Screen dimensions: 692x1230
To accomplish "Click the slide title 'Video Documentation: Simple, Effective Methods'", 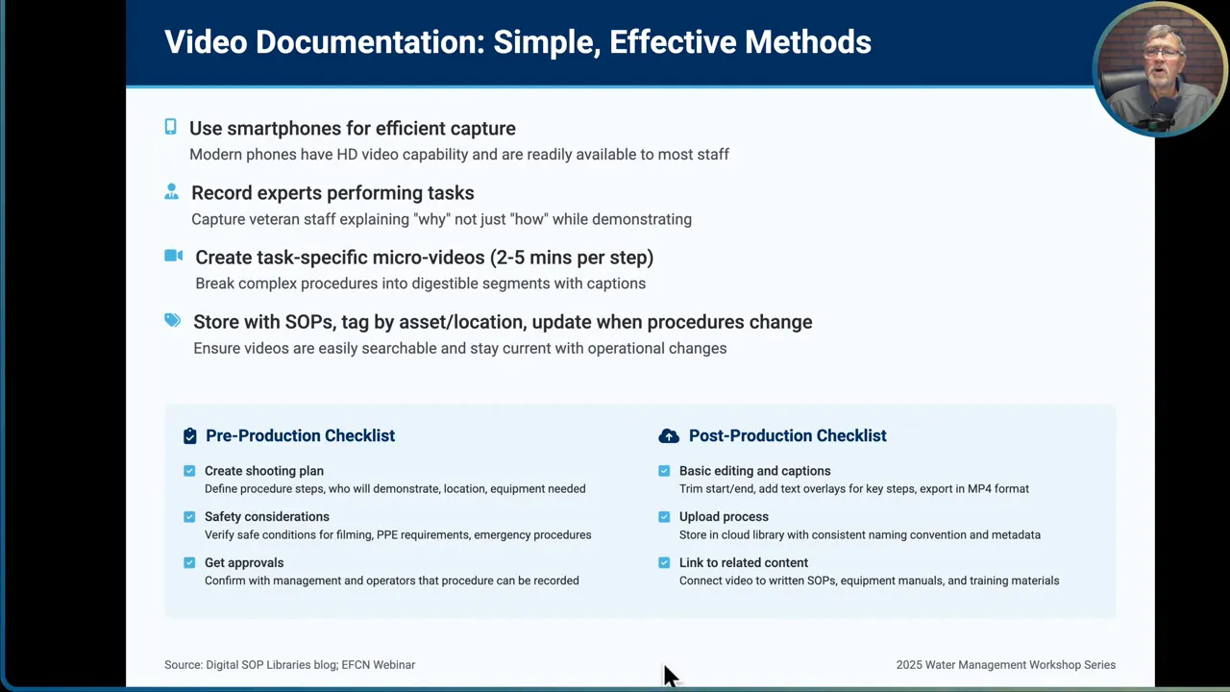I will tap(517, 42).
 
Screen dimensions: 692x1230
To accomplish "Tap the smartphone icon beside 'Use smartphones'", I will tap(170, 127).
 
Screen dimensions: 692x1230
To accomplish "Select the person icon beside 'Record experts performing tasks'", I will tap(171, 191).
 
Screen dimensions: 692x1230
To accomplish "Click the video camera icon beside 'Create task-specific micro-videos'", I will tap(173, 256).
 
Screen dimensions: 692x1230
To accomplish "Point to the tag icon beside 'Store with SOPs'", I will tap(172, 320).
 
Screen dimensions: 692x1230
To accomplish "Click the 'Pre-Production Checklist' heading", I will tap(300, 435).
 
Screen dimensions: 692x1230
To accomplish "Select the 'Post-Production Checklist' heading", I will tap(787, 435).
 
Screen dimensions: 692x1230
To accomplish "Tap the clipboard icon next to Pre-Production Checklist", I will tap(189, 435).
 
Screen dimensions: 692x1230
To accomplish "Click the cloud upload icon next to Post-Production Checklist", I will tap(668, 435).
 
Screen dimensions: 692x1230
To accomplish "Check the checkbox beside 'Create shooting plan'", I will tap(189, 471).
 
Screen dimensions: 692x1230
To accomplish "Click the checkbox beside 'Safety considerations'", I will tap(189, 516).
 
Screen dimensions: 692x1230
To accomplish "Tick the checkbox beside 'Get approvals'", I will tap(189, 562).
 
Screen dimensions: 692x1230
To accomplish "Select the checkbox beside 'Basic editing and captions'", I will tap(664, 471).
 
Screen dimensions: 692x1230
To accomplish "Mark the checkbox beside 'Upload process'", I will tap(664, 516).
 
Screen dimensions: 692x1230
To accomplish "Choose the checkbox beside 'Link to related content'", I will tap(664, 562).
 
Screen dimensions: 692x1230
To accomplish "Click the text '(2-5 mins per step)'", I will tap(572, 258).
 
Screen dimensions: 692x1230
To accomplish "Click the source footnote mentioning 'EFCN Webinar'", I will tap(289, 664).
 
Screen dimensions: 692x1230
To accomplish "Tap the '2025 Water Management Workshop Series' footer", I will tap(1005, 664).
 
